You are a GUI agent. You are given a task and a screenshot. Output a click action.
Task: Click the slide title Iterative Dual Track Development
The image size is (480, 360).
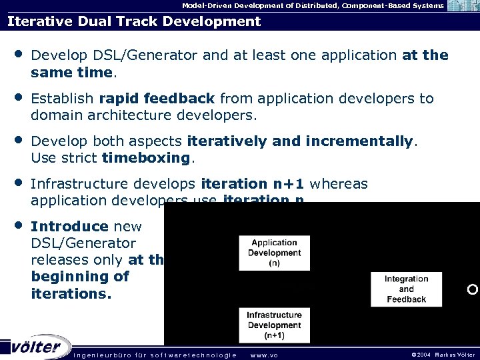[134, 21]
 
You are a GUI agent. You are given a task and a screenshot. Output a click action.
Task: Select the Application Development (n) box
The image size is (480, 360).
[274, 253]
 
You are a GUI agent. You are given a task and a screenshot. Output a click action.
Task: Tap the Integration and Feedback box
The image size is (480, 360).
[406, 289]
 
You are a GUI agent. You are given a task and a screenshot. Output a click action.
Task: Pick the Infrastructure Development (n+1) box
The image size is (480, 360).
[274, 325]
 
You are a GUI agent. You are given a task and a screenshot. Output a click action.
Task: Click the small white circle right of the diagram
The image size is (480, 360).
[473, 289]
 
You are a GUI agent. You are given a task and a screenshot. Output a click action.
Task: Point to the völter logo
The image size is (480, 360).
[36, 347]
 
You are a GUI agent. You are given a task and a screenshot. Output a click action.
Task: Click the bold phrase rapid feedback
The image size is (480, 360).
[157, 99]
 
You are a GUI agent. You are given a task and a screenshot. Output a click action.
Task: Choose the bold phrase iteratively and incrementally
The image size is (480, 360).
[301, 141]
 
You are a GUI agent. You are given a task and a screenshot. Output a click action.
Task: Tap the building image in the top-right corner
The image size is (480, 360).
[463, 6]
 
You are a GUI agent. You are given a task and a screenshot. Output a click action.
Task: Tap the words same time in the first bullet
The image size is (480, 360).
[73, 71]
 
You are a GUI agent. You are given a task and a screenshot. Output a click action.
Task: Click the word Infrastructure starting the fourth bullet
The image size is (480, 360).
[79, 183]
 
